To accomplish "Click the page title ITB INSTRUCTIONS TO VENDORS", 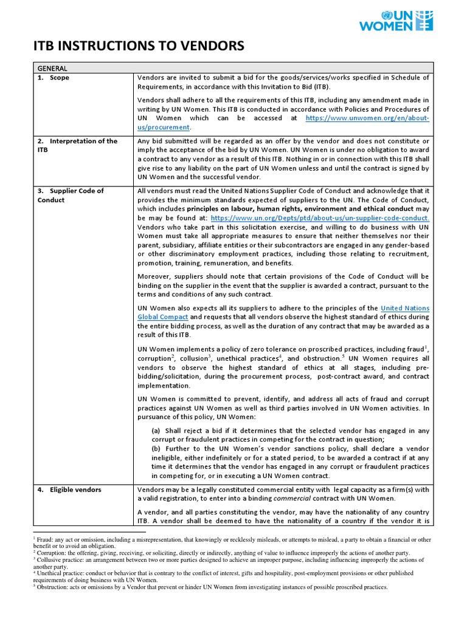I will (138, 46).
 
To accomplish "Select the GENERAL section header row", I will (52, 68).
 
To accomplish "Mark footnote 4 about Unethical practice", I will (231, 576).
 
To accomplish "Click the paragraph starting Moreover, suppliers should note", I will (283, 285).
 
